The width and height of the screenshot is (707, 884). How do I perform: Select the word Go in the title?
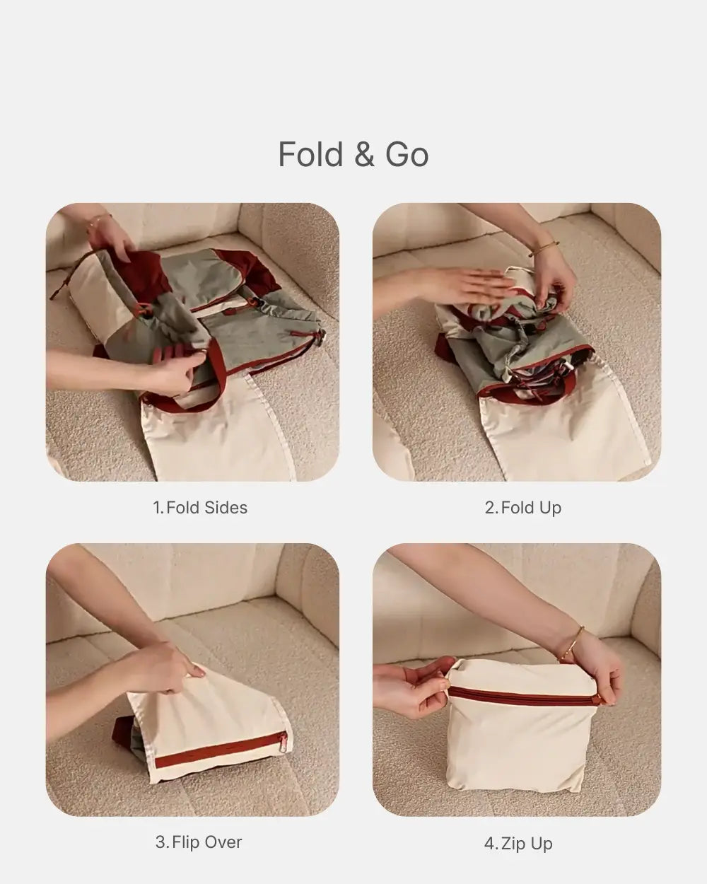click(x=407, y=155)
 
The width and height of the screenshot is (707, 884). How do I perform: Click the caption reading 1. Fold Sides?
click(x=200, y=507)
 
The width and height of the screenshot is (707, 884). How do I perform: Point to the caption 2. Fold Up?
click(x=522, y=507)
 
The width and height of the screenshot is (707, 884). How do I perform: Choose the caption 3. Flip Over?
click(x=199, y=842)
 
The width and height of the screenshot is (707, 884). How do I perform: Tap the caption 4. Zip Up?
click(x=518, y=843)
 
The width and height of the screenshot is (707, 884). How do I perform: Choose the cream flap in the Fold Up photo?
click(x=537, y=431)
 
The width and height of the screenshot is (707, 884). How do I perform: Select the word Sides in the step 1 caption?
click(x=226, y=507)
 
